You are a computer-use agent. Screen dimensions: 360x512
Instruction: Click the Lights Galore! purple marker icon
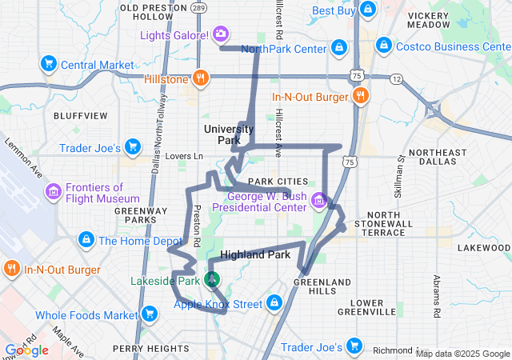pos(221,34)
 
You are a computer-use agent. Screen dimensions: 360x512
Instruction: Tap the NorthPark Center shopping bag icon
pos(339,48)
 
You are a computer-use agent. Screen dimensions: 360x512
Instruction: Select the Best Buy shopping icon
pos(367,10)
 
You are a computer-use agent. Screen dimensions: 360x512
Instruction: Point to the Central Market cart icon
pos(48,64)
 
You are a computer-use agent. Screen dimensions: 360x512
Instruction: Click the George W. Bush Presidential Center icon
pos(319,200)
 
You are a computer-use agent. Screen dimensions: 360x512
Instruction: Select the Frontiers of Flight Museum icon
pos(54,191)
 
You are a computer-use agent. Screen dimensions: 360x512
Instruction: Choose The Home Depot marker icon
pos(86,239)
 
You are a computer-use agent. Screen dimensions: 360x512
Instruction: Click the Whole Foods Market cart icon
pos(148,314)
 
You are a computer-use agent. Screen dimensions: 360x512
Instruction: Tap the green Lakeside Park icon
pos(213,280)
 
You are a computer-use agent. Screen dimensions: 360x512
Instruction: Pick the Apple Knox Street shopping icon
pos(274,303)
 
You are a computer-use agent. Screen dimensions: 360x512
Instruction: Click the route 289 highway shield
pos(198,7)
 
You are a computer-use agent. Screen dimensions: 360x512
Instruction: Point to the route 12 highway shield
pos(396,78)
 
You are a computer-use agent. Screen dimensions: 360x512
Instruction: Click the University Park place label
pos(229,134)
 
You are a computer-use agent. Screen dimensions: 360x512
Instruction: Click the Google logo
pos(27,350)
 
